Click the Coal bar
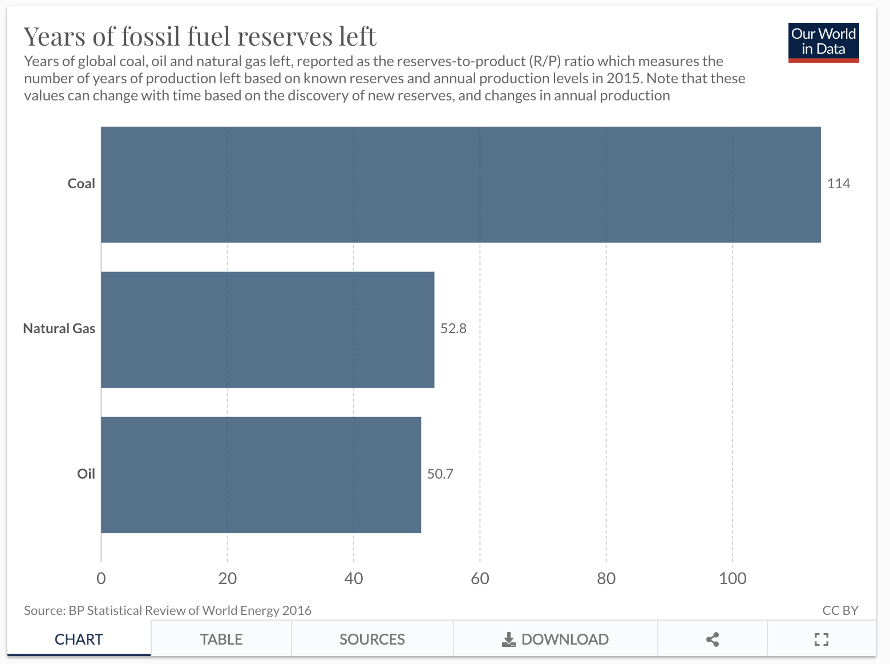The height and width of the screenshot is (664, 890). point(460,184)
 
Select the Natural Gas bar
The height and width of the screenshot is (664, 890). point(268,329)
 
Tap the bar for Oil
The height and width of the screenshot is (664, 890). point(261,475)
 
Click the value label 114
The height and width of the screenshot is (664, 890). point(838,184)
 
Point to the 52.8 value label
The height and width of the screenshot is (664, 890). point(453,329)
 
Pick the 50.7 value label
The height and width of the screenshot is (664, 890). point(440,474)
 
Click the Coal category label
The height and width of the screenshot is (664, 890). point(81,184)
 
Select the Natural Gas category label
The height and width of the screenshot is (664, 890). point(59,329)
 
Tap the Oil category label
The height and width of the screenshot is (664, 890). point(86,474)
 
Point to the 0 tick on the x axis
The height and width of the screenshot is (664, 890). point(101,578)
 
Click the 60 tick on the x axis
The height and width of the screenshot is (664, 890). point(480,578)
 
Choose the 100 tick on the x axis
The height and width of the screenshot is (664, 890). point(732,578)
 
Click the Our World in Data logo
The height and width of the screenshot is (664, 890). point(823,42)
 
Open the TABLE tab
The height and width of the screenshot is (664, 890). point(221,639)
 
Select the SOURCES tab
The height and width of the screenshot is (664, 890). point(372,639)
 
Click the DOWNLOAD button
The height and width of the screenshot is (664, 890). point(555,639)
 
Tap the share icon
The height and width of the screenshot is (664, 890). point(712,639)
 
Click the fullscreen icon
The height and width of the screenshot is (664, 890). point(821,639)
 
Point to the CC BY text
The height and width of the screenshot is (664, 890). point(840,610)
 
